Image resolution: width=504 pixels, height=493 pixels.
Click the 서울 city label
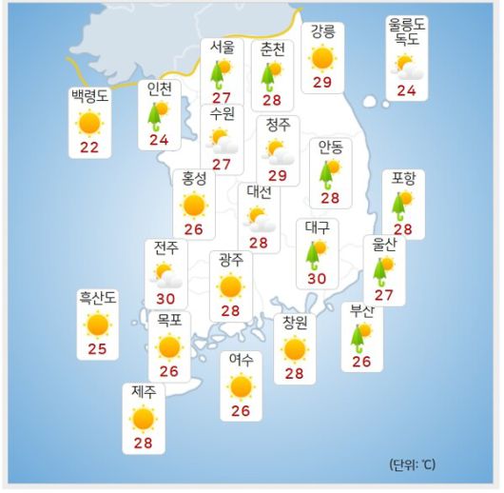click(x=223, y=48)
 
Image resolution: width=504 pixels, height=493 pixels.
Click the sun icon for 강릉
click(x=322, y=58)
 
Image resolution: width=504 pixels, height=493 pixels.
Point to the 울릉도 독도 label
click(x=406, y=32)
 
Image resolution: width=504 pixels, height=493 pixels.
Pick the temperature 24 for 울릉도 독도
click(x=407, y=91)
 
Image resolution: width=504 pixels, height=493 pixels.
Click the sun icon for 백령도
click(x=90, y=123)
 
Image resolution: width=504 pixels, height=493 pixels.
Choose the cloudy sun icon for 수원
click(x=224, y=141)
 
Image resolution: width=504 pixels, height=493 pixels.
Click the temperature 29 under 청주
click(x=278, y=175)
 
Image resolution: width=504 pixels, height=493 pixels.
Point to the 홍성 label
click(x=194, y=177)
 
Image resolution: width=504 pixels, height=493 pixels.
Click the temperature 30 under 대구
click(x=317, y=279)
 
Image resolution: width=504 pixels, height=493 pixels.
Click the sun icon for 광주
click(x=229, y=286)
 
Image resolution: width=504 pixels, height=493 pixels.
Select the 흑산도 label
click(x=97, y=299)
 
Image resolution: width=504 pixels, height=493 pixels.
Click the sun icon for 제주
click(x=143, y=418)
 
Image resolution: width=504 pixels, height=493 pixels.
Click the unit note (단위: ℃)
click(x=413, y=464)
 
